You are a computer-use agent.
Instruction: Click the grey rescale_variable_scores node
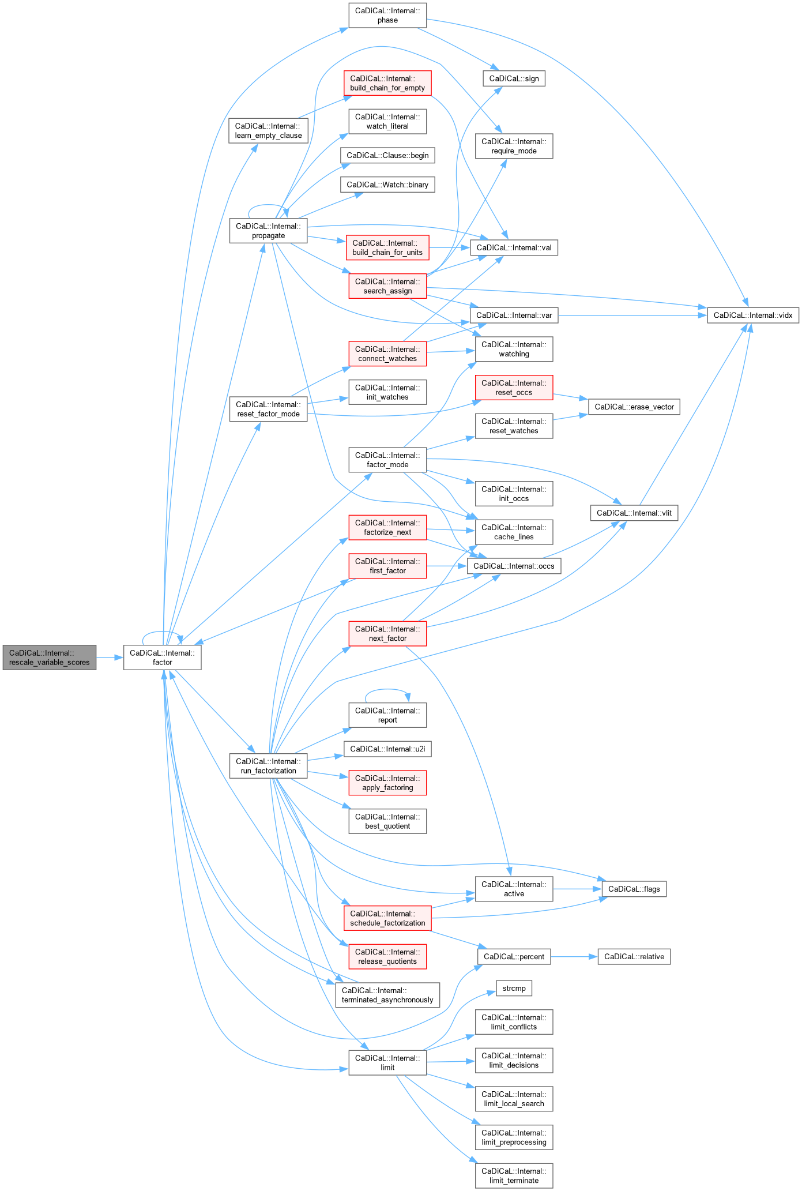pos(50,658)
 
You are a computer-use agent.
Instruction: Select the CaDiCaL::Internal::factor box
pos(162,658)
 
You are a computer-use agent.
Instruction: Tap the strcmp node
pos(514,988)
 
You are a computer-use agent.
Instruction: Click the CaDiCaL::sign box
pos(514,78)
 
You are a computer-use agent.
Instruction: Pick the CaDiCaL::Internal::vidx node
pos(752,315)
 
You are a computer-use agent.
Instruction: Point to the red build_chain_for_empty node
pos(387,83)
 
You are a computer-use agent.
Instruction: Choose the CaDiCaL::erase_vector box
pos(634,407)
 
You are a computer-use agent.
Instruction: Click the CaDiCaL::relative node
pos(634,956)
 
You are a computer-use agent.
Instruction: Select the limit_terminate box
pos(514,1175)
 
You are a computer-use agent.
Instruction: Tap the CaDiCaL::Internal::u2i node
pos(387,749)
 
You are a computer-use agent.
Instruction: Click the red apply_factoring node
pos(387,783)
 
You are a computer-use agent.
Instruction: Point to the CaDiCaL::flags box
pos(634,889)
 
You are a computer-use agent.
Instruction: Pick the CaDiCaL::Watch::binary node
pos(387,185)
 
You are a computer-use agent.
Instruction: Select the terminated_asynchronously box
pos(387,995)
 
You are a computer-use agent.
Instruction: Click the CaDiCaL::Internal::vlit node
pos(634,513)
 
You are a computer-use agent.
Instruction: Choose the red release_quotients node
pos(387,956)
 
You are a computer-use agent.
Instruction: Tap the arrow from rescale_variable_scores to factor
pos(110,658)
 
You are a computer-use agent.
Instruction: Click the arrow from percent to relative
pos(574,956)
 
